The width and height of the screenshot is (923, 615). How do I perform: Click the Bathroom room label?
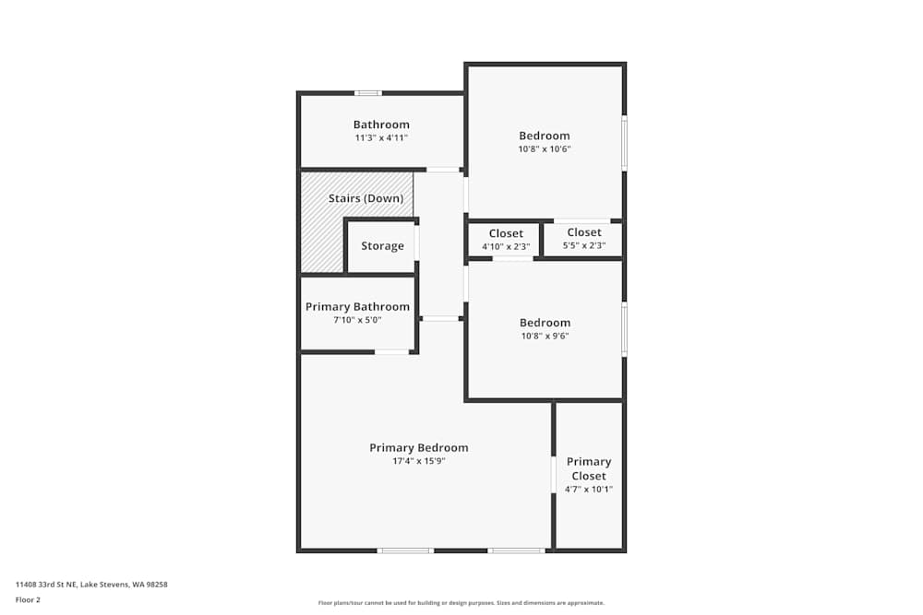coord(381,124)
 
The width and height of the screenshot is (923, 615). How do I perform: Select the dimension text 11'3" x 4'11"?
coord(381,137)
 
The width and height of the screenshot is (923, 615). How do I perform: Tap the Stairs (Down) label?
coord(366,198)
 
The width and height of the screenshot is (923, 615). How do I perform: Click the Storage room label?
coord(382,246)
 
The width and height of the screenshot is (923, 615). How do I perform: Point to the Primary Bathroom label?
coord(357,307)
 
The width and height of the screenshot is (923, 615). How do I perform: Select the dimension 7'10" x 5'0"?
coord(357,320)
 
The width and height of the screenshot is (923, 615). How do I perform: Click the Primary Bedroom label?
coord(418,448)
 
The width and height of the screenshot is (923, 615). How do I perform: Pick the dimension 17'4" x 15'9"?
coord(418,461)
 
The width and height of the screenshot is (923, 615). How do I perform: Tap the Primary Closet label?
coord(589,468)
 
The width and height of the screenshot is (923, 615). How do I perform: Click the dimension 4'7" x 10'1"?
coord(589,490)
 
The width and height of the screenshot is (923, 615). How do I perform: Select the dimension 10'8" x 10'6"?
coord(545,148)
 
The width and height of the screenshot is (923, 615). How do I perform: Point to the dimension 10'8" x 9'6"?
coord(545,336)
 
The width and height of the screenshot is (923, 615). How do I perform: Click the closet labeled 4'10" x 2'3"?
coord(506,240)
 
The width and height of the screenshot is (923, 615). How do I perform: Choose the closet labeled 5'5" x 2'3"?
coord(584,239)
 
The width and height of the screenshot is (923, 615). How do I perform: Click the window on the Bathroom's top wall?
coord(368,93)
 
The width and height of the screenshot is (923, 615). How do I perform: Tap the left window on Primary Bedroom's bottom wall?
coord(404,550)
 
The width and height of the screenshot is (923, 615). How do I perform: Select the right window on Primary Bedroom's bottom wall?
coord(516,550)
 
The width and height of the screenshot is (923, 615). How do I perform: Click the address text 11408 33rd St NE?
coord(91,584)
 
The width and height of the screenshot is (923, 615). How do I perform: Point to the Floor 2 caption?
coord(28,599)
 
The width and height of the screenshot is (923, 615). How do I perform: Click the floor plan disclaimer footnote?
coord(461,602)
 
